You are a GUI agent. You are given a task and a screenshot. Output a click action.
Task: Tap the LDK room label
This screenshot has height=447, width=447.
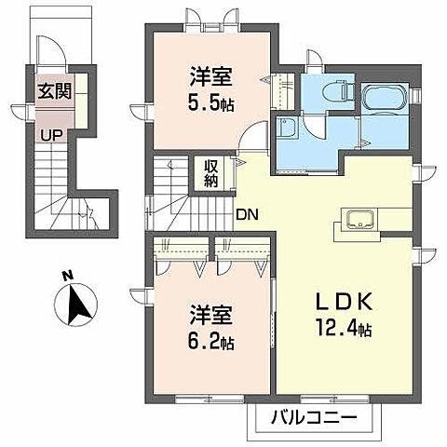click(x=343, y=303)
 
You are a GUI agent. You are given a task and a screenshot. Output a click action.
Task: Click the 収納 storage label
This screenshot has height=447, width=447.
click(x=211, y=173)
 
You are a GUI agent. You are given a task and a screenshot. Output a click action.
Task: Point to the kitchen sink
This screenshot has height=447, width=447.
click(x=359, y=220)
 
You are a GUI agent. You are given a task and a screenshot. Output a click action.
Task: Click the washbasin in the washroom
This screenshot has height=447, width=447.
click(x=287, y=129)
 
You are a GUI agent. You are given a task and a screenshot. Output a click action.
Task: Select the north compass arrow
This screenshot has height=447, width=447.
click(x=74, y=305)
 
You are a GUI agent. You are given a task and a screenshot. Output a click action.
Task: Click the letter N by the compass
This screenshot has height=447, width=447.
click(x=66, y=276)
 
